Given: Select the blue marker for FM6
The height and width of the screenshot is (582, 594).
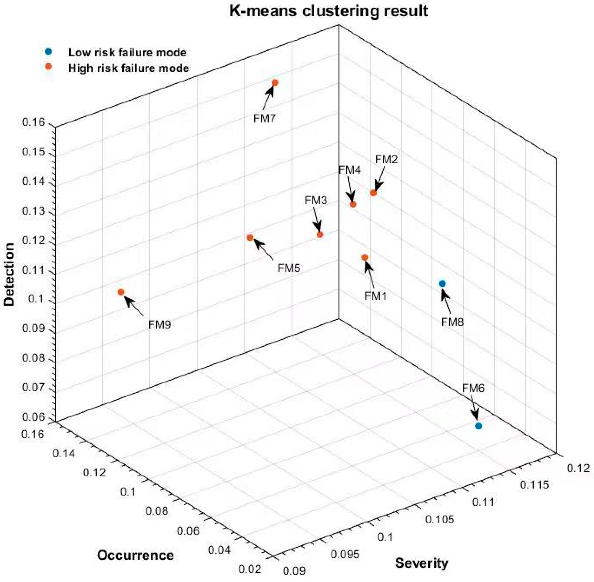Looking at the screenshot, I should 478,426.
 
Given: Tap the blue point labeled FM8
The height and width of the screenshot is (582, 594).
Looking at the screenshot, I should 442,284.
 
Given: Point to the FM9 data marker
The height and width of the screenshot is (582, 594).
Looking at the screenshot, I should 121,292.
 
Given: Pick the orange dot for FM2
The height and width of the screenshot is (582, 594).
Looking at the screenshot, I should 373,193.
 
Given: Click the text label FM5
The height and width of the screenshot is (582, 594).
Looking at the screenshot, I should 289,268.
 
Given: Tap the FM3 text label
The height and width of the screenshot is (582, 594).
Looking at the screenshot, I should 316,201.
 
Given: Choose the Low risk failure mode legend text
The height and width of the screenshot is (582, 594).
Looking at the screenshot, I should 127,53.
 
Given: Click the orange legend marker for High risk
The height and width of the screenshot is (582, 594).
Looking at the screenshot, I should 48,67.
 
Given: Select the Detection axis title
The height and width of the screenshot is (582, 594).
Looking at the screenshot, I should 9,274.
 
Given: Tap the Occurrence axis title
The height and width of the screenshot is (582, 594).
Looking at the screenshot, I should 135,555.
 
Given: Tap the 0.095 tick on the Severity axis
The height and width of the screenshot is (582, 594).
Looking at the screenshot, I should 345,554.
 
